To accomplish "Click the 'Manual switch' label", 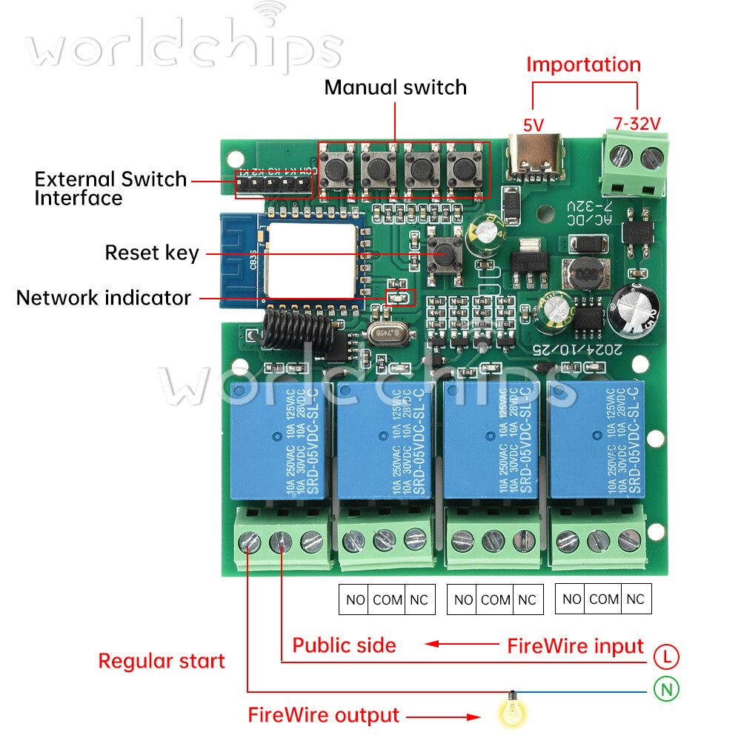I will click(x=396, y=87).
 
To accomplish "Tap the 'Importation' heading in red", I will click(x=583, y=64).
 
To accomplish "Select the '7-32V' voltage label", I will click(x=637, y=124).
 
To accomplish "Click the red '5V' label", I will click(x=533, y=125).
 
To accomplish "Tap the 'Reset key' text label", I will click(x=152, y=253).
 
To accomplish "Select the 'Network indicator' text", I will click(x=104, y=298).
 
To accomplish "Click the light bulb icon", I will click(x=512, y=711).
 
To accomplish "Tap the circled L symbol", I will click(x=667, y=656).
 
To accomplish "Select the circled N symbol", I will click(x=667, y=690).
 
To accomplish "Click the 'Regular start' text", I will click(x=162, y=661).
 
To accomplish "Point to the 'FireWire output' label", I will click(x=323, y=715).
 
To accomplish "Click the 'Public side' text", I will click(x=344, y=645).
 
